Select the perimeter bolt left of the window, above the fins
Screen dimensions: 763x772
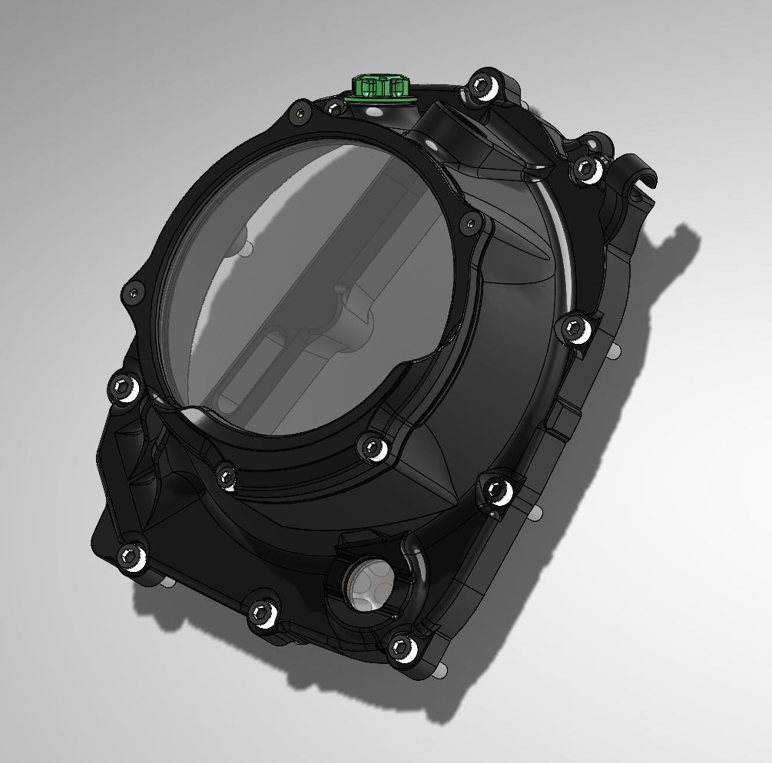[124, 385]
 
